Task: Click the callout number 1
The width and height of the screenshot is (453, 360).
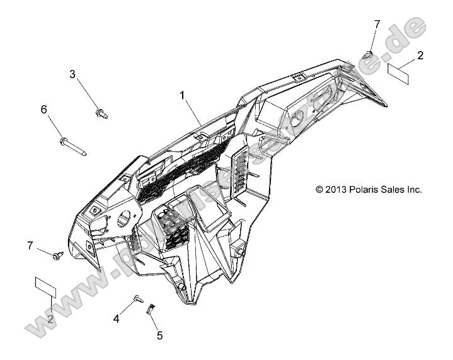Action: (x=183, y=96)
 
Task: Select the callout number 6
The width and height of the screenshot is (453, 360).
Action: (x=44, y=110)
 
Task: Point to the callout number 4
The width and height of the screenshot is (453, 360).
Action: (x=116, y=320)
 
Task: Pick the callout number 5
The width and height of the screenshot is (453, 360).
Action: (x=159, y=335)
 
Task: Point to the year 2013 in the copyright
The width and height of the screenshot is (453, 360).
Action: (x=333, y=189)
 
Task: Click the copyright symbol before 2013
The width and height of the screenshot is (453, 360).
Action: (x=319, y=189)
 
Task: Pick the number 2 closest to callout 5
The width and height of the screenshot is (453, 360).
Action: (x=50, y=319)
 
